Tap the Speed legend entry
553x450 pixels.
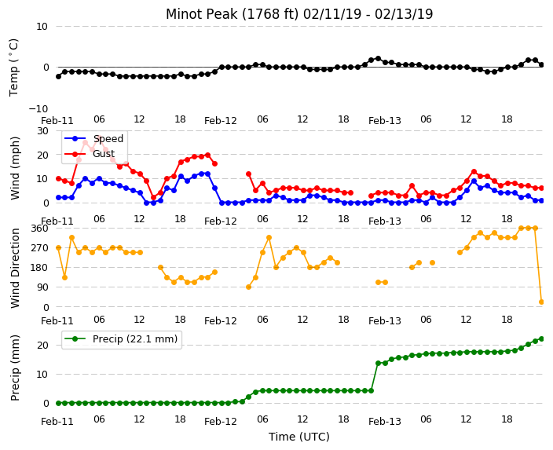click(x=108, y=138)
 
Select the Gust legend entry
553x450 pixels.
click(x=104, y=154)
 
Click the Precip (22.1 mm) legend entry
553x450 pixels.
click(x=135, y=339)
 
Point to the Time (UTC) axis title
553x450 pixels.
click(x=299, y=437)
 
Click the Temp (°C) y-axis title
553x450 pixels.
click(x=14, y=68)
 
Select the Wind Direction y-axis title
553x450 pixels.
click(x=15, y=268)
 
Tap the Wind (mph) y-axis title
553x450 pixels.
click(x=15, y=168)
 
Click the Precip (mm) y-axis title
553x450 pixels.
click(x=15, y=368)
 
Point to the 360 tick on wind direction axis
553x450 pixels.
click(x=40, y=229)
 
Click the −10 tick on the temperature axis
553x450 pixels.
click(x=38, y=108)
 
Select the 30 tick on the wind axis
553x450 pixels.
click(x=42, y=131)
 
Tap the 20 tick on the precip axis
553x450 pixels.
click(x=42, y=346)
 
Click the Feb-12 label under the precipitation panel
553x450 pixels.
click(x=221, y=422)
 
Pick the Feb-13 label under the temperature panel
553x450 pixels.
click(x=385, y=121)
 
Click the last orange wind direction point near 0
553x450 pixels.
click(x=542, y=302)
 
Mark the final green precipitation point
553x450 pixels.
click(x=542, y=339)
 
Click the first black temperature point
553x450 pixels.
click(x=59, y=76)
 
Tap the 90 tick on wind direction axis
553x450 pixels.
click(x=42, y=287)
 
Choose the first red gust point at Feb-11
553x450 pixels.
click(x=59, y=179)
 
